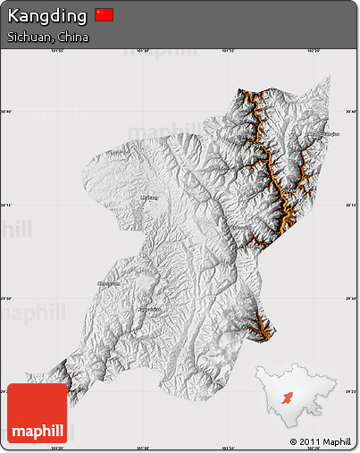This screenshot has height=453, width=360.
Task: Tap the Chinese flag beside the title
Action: point(105,14)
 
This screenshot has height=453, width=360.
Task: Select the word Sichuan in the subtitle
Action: point(28,38)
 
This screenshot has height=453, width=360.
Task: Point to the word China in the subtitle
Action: point(73,38)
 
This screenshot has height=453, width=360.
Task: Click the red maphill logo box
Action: point(37,414)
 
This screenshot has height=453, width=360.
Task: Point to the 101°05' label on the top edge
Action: point(59,51)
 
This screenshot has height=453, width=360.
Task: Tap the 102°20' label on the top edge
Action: point(313,51)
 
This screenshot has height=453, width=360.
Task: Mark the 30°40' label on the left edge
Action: point(6,112)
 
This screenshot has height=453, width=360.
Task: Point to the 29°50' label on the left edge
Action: point(6,298)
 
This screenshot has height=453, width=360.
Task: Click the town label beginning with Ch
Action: point(108,283)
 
